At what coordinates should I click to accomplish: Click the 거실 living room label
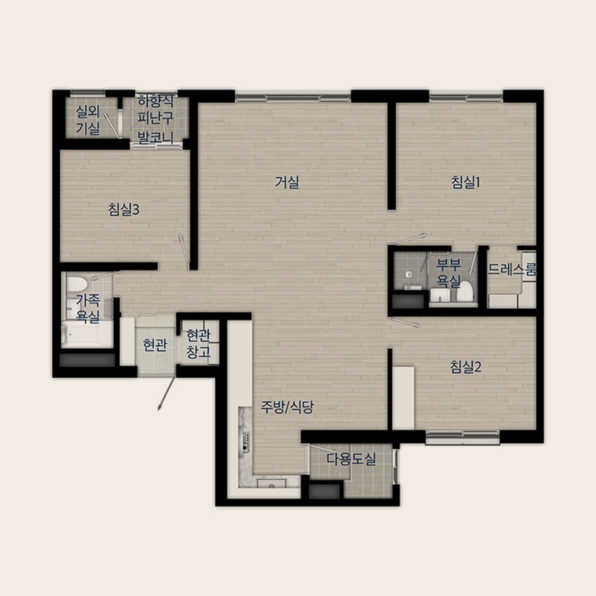coord(287,182)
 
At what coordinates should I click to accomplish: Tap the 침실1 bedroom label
coord(465,182)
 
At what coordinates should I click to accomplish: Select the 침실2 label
coord(465,367)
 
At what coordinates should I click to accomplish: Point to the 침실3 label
coord(124,209)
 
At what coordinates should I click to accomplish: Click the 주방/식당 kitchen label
coord(287,408)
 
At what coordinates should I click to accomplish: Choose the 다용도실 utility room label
coord(352,459)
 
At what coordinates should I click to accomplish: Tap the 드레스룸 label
coord(511,269)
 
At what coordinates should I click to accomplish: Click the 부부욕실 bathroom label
coord(449,272)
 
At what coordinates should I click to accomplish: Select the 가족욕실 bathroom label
coord(88,308)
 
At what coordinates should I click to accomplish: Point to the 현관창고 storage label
coord(198,344)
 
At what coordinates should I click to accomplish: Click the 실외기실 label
coord(88,120)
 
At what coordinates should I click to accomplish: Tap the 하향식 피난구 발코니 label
coord(156,119)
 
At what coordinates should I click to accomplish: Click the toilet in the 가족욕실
coord(77,284)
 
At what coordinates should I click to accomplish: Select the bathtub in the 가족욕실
coord(87,334)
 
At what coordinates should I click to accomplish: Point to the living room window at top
coord(293,98)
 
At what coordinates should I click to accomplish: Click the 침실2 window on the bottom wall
coord(462,437)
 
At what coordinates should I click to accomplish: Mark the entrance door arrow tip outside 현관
coord(159,409)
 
